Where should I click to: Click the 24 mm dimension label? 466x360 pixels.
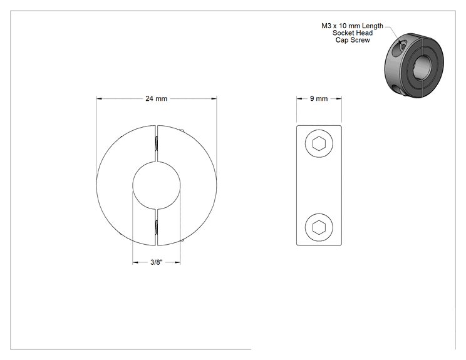tap(157, 98)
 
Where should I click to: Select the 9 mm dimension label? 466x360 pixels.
tap(319, 98)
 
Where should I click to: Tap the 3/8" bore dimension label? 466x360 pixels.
tap(157, 262)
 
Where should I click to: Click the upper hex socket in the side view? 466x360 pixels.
tap(319, 144)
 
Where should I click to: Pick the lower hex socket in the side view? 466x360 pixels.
tap(319, 227)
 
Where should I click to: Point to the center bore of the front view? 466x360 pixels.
tap(157, 186)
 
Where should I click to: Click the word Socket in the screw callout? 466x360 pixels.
tap(343, 33)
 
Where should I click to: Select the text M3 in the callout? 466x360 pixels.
tap(326, 26)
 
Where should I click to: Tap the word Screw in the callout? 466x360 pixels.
tap(361, 40)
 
